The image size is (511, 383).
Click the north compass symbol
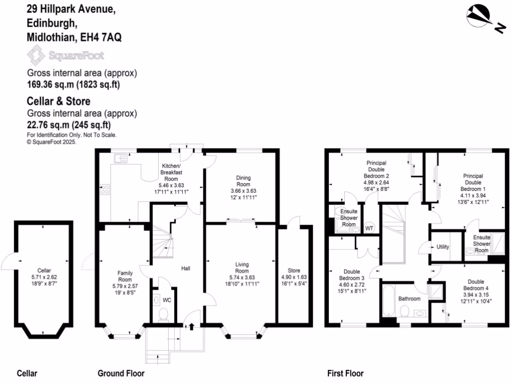[483, 18]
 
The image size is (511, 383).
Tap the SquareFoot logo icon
[36, 55]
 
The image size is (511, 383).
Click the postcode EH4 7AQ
[101, 37]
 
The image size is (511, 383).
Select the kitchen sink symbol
[121, 158]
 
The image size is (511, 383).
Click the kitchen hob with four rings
[105, 190]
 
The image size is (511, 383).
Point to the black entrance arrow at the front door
[191, 326]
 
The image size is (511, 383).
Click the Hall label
[186, 268]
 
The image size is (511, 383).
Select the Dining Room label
[244, 181]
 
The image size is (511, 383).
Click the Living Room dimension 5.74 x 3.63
[242, 277]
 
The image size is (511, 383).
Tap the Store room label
[294, 270]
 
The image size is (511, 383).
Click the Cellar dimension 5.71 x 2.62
[44, 277]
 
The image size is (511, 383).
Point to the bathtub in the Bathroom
[388, 300]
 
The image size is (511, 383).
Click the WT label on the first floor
[369, 228]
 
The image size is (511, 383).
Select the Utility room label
[443, 247]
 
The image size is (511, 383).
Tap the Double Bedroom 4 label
[476, 285]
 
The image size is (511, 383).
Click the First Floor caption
[345, 373]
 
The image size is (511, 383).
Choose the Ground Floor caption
[121, 373]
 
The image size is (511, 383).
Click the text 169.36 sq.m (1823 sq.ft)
[73, 84]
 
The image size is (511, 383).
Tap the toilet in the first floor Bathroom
[405, 311]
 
